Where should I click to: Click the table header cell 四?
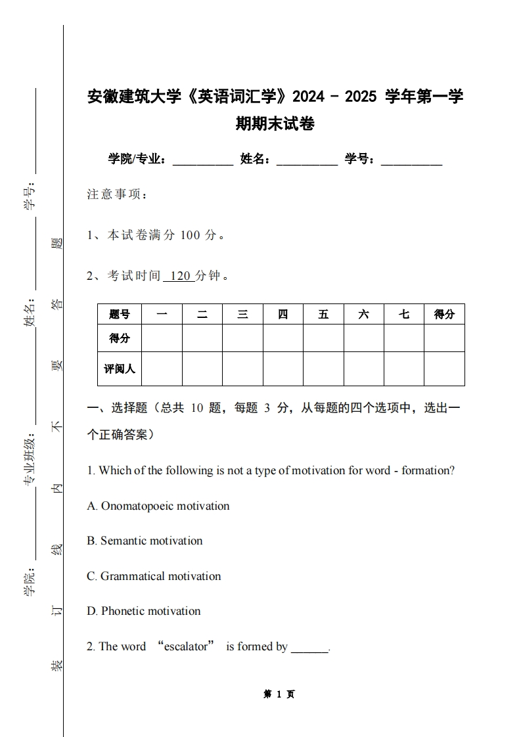tap(283, 314)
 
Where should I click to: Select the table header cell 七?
tap(403, 314)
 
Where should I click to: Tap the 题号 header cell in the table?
tap(120, 314)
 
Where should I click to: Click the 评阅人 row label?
tap(120, 368)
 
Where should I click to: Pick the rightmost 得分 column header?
tap(444, 314)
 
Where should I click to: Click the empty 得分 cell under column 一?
tap(162, 338)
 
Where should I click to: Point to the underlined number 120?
tap(179, 276)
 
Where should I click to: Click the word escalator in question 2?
tap(186, 646)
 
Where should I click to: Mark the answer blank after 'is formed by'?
tap(309, 648)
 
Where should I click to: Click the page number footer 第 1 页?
tap(279, 694)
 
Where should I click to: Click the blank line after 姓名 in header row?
tap(307, 160)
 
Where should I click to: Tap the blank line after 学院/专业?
tap(202, 160)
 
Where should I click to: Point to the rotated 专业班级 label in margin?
tap(30, 460)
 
